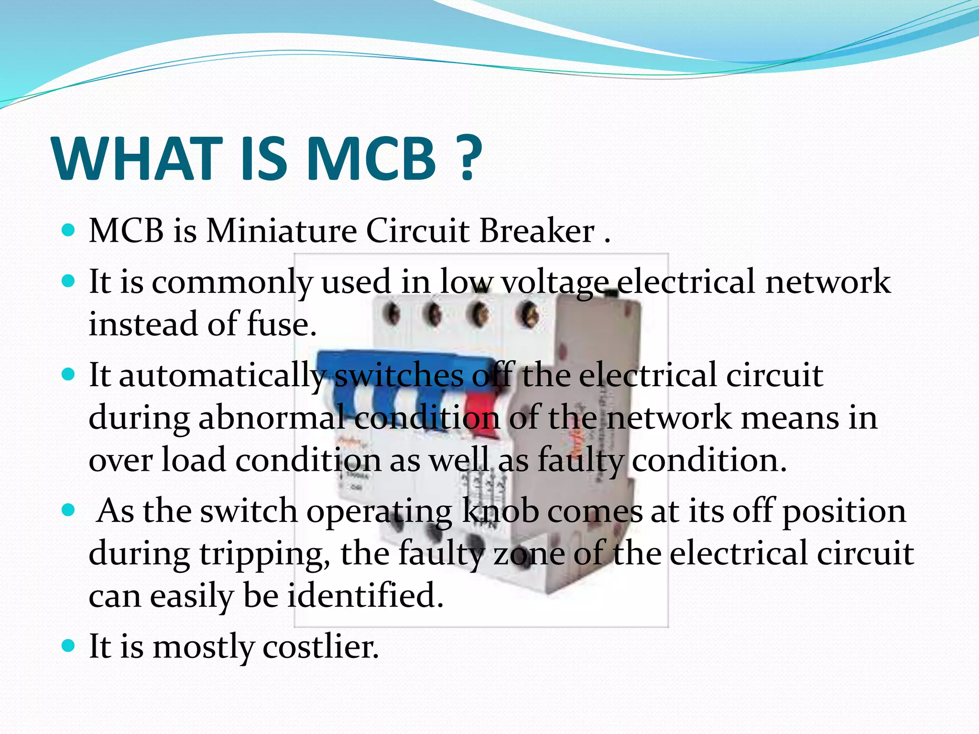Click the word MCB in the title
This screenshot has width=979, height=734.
point(371,159)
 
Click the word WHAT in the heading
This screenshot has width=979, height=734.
point(138,159)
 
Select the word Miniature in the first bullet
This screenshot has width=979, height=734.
point(282,231)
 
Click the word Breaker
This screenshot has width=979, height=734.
point(537,231)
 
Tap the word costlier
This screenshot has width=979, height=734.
point(321,647)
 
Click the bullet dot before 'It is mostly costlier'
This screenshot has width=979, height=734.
point(69,646)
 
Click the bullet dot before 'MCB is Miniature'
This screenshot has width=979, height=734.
point(69,231)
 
